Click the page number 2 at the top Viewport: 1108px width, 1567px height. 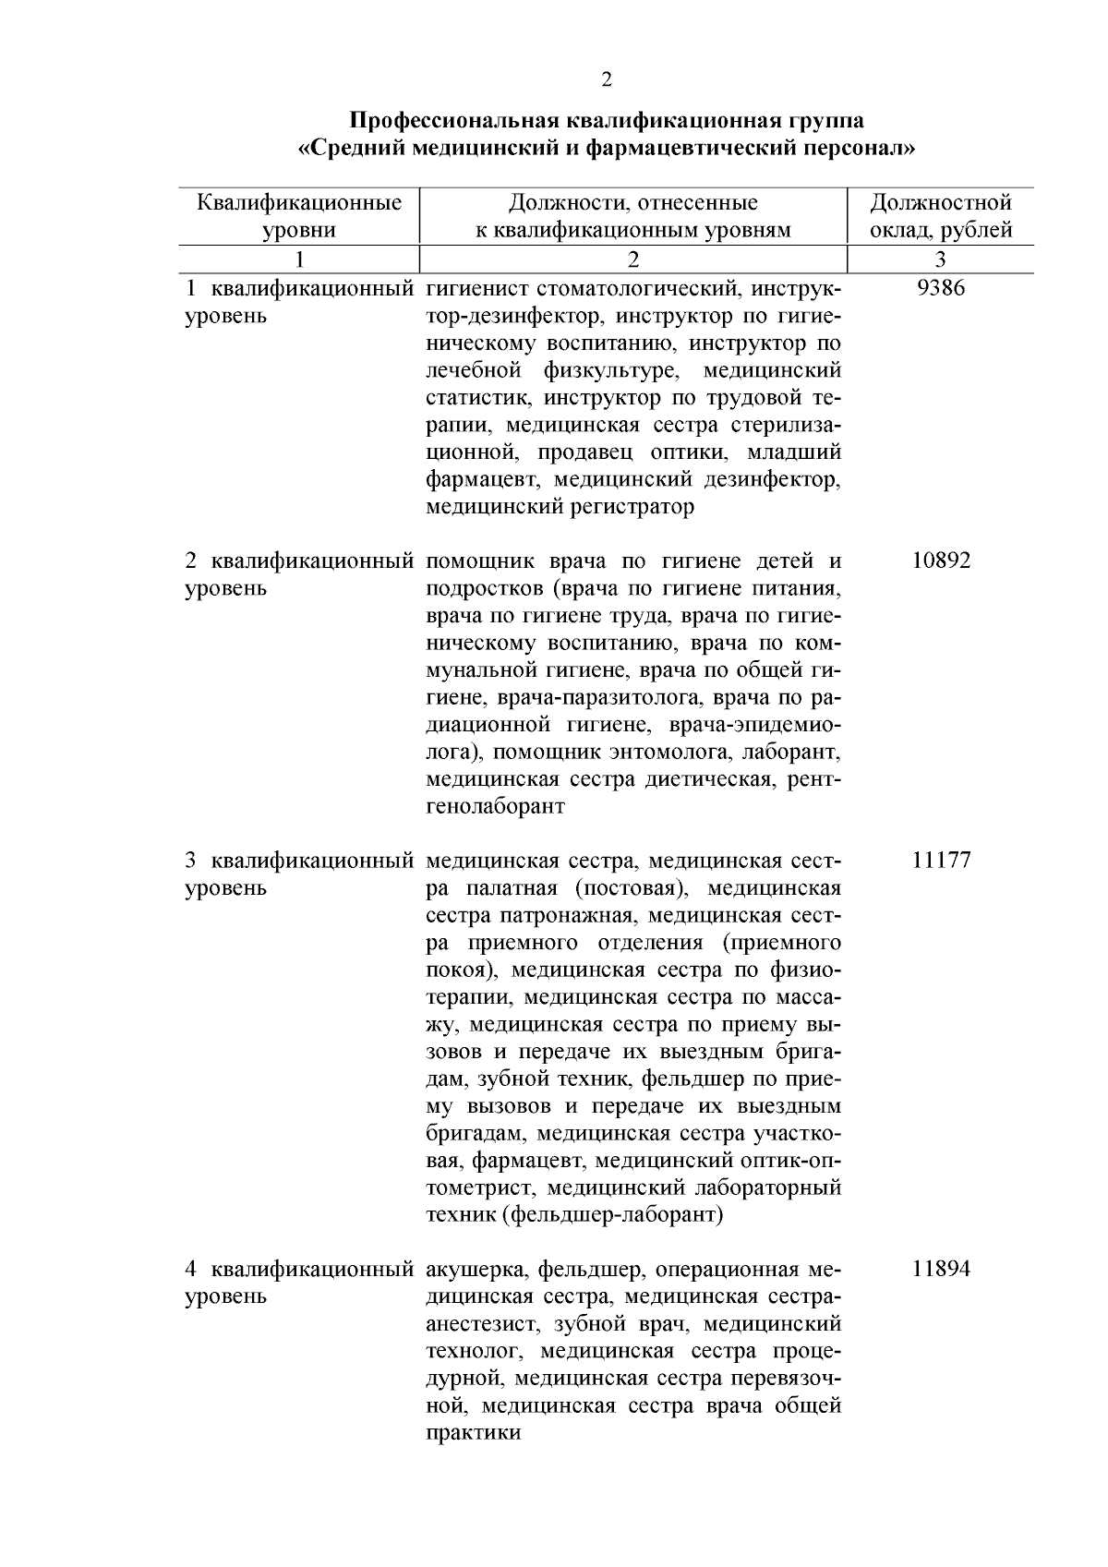tap(606, 80)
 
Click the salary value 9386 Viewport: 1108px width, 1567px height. tap(941, 288)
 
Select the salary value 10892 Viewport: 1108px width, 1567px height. tap(941, 561)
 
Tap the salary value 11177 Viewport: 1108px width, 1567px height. tap(941, 861)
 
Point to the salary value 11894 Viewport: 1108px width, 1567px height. tap(941, 1269)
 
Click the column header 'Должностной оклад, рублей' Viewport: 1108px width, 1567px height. tap(941, 216)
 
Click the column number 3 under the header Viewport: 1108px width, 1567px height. tap(941, 259)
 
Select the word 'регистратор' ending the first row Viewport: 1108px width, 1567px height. tap(636, 507)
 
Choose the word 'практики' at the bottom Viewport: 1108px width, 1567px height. tap(473, 1433)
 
